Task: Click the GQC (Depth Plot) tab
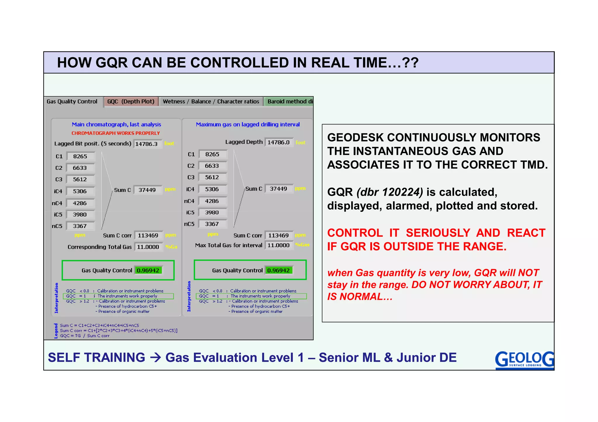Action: click(131, 101)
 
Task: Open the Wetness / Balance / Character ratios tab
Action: click(211, 101)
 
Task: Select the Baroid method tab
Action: click(289, 101)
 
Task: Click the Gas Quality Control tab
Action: click(72, 101)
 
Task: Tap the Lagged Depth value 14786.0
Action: click(279, 142)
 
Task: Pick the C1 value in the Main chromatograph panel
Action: click(80, 156)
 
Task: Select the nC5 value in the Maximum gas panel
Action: click(212, 224)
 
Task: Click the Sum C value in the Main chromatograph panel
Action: click(147, 190)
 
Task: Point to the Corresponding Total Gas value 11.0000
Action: click(148, 247)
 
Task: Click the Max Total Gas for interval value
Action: click(279, 245)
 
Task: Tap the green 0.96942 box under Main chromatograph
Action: click(148, 270)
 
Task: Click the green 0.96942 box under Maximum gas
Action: click(279, 270)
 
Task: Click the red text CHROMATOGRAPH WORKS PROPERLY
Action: click(116, 133)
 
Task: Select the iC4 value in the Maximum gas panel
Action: click(212, 189)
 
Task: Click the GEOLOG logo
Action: click(524, 360)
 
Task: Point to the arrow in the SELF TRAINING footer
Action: click(155, 358)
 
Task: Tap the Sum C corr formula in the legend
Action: click(119, 331)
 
